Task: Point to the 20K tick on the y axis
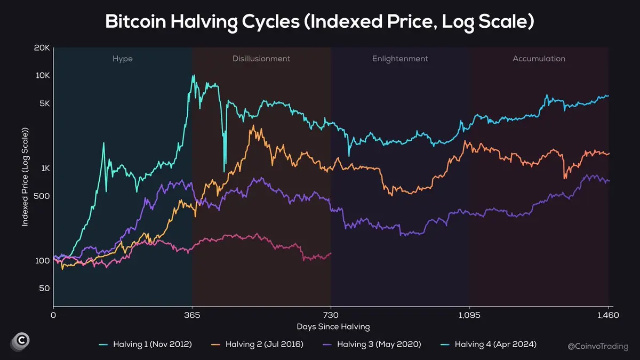point(42,48)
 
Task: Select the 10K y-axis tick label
point(42,76)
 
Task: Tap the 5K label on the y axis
point(44,103)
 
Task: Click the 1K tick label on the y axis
point(44,169)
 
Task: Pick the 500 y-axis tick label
point(42,196)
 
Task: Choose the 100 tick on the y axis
point(43,261)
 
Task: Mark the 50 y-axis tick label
point(44,289)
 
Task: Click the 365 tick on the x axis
point(192,315)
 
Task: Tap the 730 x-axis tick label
point(331,315)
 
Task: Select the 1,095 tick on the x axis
point(469,315)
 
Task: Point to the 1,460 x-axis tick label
point(608,315)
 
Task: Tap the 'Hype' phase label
point(123,59)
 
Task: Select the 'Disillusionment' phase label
point(261,59)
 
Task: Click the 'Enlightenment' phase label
point(400,59)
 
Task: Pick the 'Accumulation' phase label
point(539,59)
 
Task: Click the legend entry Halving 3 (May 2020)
point(381,345)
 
